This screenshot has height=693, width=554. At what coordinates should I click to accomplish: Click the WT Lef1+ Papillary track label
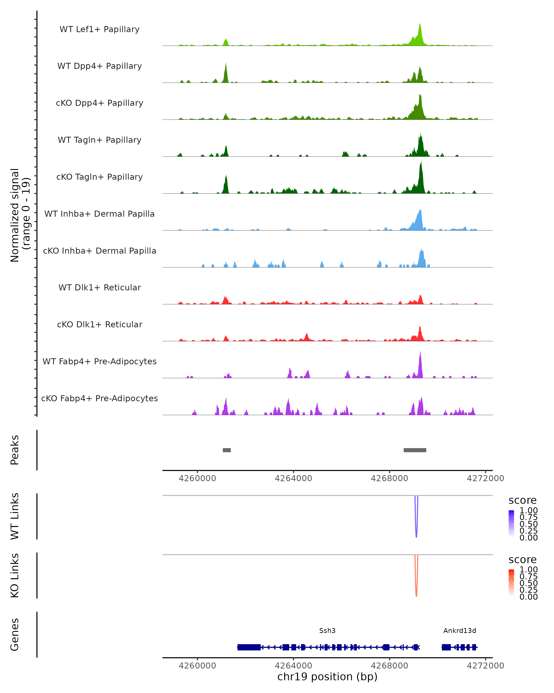pyautogui.click(x=99, y=29)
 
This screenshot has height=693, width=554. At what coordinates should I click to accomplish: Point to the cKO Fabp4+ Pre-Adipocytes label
pyautogui.click(x=99, y=398)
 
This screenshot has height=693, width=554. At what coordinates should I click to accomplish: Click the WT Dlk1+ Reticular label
pyautogui.click(x=99, y=287)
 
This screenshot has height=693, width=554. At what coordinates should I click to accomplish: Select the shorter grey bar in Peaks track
pyautogui.click(x=227, y=450)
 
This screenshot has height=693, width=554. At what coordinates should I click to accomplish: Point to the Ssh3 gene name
pyautogui.click(x=327, y=631)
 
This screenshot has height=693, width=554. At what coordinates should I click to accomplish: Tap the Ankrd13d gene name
pyautogui.click(x=460, y=631)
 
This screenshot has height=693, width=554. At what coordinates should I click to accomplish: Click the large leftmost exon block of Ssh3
pyautogui.click(x=249, y=647)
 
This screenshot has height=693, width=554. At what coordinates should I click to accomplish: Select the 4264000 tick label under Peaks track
pyautogui.click(x=293, y=478)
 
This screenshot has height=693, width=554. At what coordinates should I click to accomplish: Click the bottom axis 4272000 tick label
pyautogui.click(x=485, y=666)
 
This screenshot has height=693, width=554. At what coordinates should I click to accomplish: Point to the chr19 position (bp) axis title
pyautogui.click(x=327, y=677)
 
